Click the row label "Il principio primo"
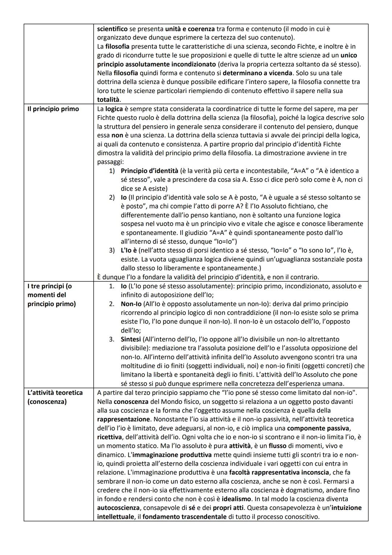click(x=53, y=109)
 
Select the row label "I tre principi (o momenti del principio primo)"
click(x=52, y=295)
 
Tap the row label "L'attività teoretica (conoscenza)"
click(x=55, y=397)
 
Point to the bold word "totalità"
click(x=109, y=100)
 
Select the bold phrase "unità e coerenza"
click(x=190, y=29)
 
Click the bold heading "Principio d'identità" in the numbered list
click(x=150, y=171)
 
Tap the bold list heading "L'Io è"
click(x=129, y=250)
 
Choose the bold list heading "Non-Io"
click(x=131, y=304)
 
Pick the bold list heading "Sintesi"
click(x=131, y=339)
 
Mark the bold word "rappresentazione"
click(x=123, y=419)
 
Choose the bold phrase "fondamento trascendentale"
click(x=184, y=517)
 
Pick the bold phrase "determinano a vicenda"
click(x=257, y=73)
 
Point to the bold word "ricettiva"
click(x=110, y=437)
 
